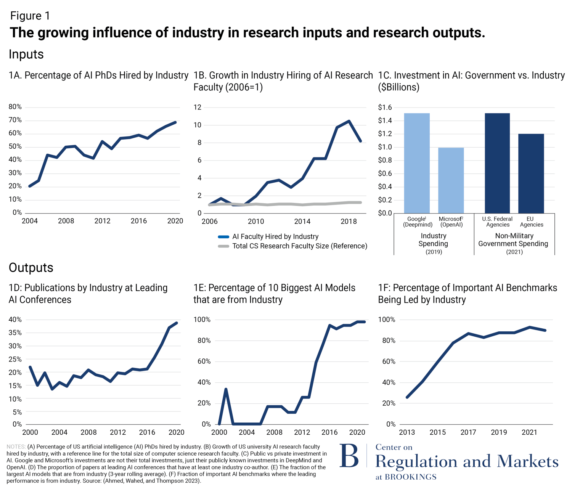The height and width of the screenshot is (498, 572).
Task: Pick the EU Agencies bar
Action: tap(531, 173)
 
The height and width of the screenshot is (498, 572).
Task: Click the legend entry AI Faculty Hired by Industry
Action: tap(275, 236)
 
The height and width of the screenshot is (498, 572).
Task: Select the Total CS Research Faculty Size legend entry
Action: tap(299, 246)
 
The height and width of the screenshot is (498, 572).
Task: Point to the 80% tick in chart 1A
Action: tap(15, 107)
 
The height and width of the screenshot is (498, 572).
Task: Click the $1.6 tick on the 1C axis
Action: tap(385, 108)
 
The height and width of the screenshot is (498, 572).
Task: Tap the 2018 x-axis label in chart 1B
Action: tap(348, 222)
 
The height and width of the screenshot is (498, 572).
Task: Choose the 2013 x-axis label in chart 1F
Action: tap(407, 432)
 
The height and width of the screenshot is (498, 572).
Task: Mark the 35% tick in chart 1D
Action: tap(15, 333)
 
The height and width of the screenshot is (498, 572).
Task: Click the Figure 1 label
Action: tap(30, 16)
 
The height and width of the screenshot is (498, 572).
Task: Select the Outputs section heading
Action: tap(31, 268)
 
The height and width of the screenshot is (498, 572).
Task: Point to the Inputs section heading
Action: tap(26, 55)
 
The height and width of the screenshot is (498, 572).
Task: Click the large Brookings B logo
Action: tap(349, 456)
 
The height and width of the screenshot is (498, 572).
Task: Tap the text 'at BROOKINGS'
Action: tap(406, 477)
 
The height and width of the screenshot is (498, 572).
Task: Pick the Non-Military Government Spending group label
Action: tap(513, 240)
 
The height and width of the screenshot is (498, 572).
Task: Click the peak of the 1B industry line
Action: tap(349, 121)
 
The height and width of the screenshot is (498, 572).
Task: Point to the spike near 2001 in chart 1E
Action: tap(226, 389)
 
